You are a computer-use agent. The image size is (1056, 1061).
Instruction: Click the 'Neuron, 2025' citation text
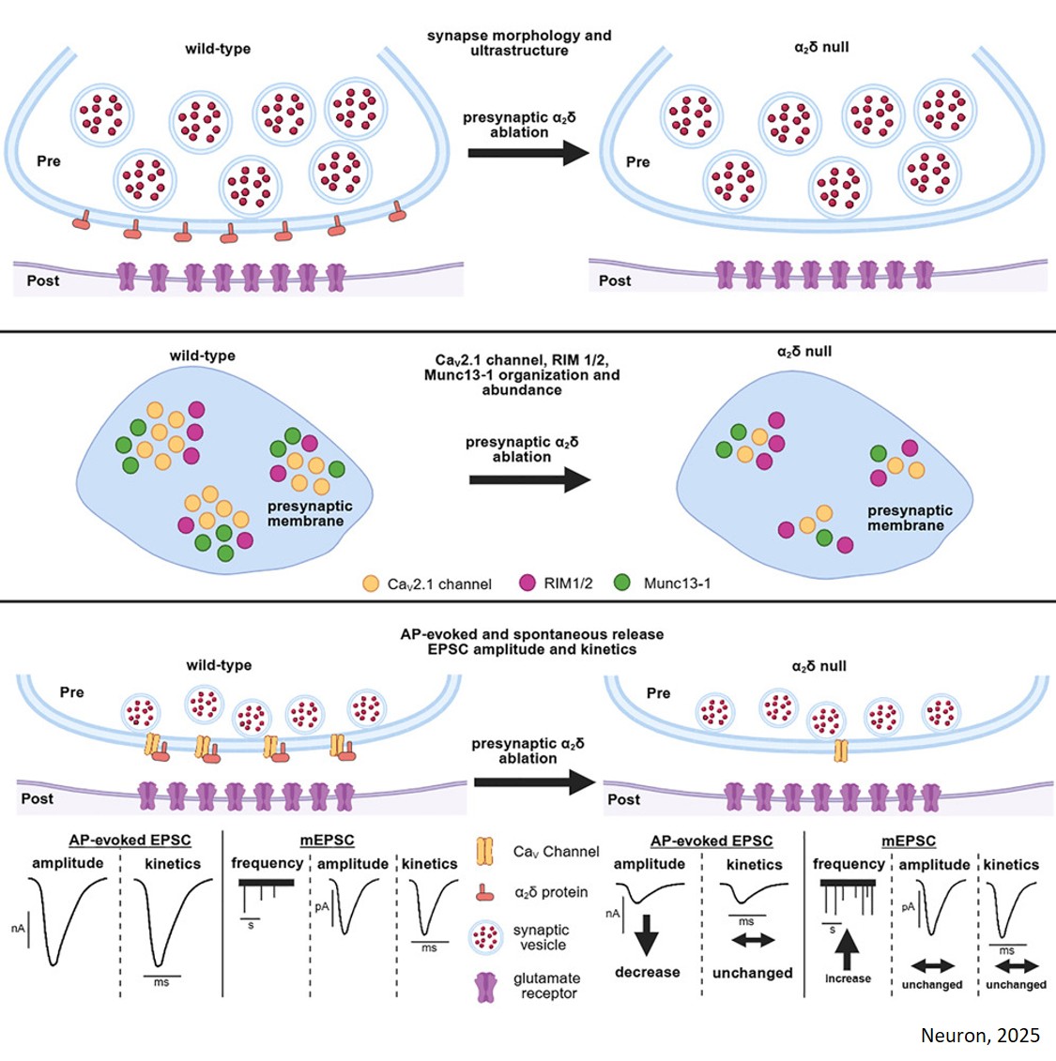[x=979, y=1035]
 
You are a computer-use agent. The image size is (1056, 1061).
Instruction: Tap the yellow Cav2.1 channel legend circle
[x=371, y=584]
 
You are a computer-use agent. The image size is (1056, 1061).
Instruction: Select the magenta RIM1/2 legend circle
[x=528, y=583]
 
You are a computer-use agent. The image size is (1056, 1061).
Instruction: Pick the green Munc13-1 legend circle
[x=621, y=583]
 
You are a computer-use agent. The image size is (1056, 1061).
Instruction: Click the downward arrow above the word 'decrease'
[x=647, y=934]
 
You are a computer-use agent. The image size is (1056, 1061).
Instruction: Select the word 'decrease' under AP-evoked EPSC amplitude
[x=647, y=972]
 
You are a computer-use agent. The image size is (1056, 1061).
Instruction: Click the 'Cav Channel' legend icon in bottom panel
[x=484, y=851]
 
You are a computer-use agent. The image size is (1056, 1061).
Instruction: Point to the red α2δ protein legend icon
[x=484, y=892]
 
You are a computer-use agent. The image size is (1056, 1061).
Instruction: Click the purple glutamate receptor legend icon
[x=486, y=986]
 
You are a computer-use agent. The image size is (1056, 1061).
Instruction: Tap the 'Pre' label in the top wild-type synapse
[x=49, y=161]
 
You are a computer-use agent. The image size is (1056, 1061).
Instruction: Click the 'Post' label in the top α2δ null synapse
[x=615, y=280]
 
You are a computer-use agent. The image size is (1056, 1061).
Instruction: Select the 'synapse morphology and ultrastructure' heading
[x=519, y=43]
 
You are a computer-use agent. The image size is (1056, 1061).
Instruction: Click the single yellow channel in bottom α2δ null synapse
[x=840, y=750]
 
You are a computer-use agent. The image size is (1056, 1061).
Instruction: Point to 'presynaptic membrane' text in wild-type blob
[x=309, y=513]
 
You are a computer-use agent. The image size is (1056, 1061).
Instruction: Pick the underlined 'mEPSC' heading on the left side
[x=328, y=841]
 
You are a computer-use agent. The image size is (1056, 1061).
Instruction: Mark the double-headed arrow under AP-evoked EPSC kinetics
[x=753, y=940]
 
